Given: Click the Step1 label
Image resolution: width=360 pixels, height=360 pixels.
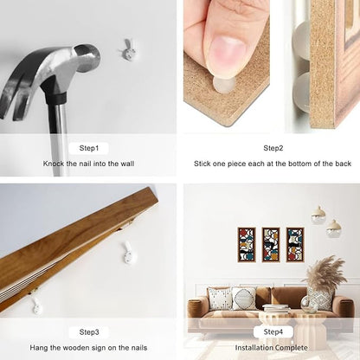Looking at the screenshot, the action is click(89, 148).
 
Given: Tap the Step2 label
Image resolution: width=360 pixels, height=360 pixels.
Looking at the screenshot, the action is click(273, 148).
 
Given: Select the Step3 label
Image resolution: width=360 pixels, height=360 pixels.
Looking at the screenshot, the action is click(89, 332).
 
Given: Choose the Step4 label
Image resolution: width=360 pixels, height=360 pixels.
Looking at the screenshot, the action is click(273, 331).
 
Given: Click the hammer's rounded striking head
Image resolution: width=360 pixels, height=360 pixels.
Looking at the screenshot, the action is click(87, 58).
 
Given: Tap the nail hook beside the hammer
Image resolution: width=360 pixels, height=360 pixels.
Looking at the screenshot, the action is click(127, 50).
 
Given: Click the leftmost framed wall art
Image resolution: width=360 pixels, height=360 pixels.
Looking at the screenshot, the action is click(247, 245).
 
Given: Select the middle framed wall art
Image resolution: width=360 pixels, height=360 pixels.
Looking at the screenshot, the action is click(271, 245).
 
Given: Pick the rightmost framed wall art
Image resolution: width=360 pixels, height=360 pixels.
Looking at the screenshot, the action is click(295, 245).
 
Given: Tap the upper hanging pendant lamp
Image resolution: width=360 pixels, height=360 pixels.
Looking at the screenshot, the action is click(318, 215).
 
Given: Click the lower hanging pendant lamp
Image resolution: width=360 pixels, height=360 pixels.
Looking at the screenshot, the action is click(334, 228).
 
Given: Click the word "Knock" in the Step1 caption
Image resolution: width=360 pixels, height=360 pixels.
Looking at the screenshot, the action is click(54, 164).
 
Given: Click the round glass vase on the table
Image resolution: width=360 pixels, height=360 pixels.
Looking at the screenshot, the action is click(309, 305).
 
